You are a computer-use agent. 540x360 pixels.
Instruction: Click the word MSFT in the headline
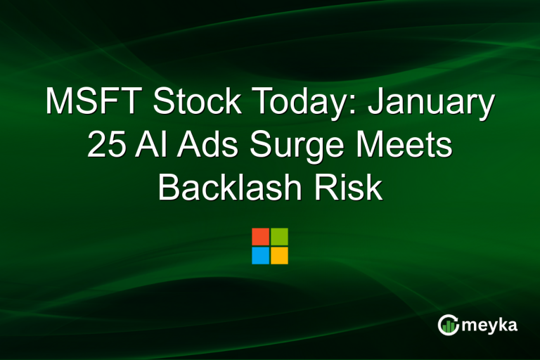[94, 103]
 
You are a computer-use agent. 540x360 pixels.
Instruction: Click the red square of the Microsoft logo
[260, 236]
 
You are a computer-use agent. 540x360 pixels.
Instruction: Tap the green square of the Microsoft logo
[279, 236]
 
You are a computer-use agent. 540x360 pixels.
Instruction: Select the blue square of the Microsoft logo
[260, 255]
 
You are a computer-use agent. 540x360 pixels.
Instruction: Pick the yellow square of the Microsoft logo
[279, 255]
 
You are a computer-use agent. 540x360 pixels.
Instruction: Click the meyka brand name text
[491, 325]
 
